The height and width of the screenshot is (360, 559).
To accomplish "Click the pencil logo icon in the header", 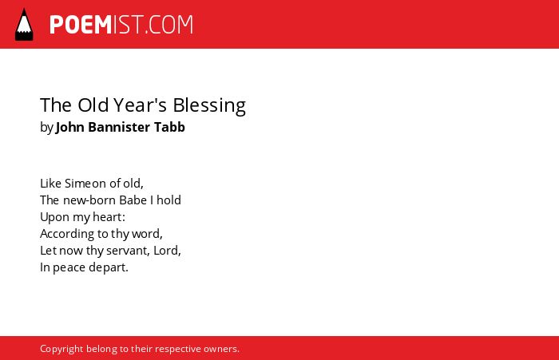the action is click(x=24, y=25).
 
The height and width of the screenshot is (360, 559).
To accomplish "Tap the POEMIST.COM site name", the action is click(x=121, y=25).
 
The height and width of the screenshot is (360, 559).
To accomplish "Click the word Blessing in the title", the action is click(x=209, y=106).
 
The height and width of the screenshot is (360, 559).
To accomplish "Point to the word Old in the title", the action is click(x=93, y=105).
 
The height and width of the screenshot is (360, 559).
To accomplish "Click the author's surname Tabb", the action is click(x=169, y=127).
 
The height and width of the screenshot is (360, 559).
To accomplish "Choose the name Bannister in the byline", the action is click(x=119, y=127).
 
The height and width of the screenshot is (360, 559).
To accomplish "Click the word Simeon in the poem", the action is click(x=85, y=184).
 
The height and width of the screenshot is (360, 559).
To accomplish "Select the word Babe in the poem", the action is click(x=133, y=200).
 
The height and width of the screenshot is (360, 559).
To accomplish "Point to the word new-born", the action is click(x=89, y=200).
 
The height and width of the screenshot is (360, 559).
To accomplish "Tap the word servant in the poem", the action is click(x=128, y=251).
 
